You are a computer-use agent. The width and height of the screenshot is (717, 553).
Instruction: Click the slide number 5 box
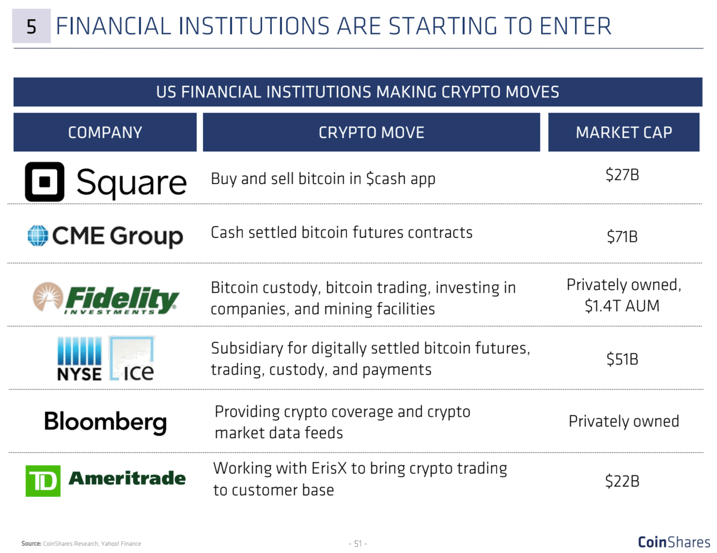click(31, 26)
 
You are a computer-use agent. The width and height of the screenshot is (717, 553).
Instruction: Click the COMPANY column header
click(105, 132)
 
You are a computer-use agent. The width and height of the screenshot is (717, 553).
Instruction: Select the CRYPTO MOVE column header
click(371, 132)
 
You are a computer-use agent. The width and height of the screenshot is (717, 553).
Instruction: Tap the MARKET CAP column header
click(624, 132)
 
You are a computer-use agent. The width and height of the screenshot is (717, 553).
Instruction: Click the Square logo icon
click(44, 182)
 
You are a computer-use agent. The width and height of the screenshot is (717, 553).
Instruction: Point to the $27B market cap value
click(622, 175)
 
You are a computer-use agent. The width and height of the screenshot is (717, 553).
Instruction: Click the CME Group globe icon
click(38, 235)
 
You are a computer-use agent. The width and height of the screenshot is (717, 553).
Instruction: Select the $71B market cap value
click(622, 237)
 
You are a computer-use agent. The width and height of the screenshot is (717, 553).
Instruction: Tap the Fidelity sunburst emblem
click(48, 296)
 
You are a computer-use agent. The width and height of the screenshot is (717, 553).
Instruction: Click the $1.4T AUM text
click(622, 306)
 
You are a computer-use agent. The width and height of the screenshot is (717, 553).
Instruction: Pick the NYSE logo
click(79, 359)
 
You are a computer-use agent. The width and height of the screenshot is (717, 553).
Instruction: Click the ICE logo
click(132, 358)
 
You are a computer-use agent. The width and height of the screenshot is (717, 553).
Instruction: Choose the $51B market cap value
click(622, 359)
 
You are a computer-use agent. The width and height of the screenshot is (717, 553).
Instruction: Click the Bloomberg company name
click(105, 422)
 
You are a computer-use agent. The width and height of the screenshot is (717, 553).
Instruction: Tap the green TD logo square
click(43, 481)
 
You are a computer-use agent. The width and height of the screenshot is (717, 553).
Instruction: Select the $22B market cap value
click(622, 481)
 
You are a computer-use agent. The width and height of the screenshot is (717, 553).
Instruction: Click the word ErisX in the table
click(329, 468)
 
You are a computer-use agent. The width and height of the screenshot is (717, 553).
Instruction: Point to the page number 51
click(358, 543)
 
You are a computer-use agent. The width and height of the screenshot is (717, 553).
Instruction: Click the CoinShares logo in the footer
click(674, 542)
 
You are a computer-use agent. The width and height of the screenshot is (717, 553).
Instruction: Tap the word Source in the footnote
click(31, 544)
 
